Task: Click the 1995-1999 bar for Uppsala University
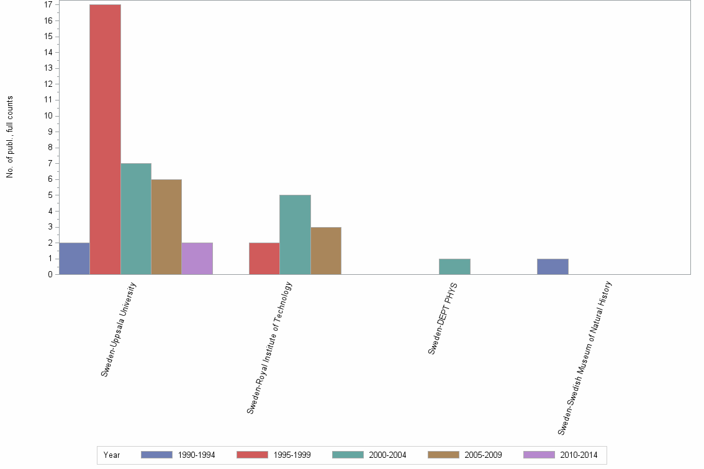tap(105, 140)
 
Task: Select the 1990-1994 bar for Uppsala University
tap(74, 259)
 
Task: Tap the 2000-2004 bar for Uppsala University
tap(136, 219)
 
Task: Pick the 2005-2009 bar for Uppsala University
tap(166, 227)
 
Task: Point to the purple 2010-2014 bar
tap(197, 259)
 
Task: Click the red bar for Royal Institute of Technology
tap(264, 259)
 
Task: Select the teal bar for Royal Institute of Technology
tap(295, 234)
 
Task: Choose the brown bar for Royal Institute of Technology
tap(326, 251)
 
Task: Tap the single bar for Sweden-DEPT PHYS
tap(454, 267)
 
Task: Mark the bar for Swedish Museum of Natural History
tap(553, 267)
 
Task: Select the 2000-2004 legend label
tap(387, 455)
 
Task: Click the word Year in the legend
tap(112, 455)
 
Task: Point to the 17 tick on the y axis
tap(48, 5)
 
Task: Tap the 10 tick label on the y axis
tap(48, 116)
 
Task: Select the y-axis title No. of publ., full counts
tap(10, 137)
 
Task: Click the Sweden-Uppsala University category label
tap(119, 329)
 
